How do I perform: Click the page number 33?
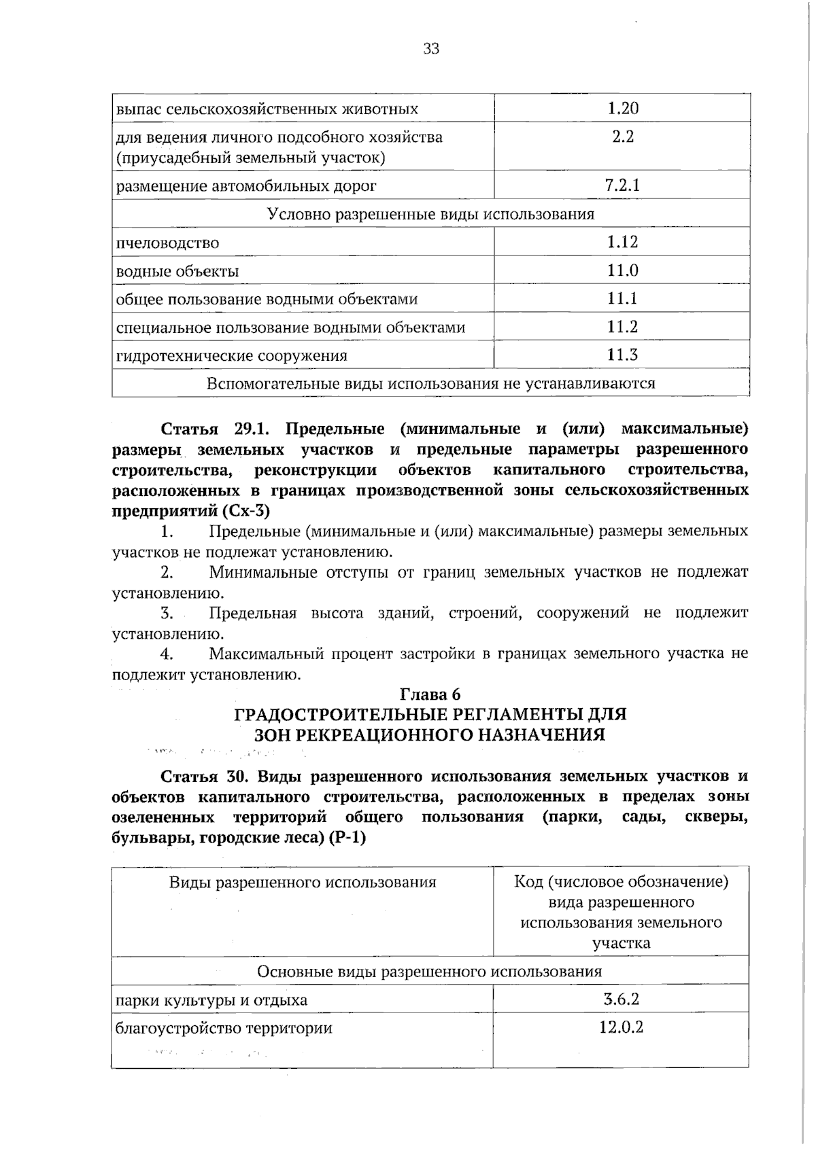coord(431,49)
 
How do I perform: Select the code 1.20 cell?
coord(622,109)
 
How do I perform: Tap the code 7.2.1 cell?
coord(622,185)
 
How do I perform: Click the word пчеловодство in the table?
coord(167,243)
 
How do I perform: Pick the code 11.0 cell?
coord(622,271)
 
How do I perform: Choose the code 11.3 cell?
coord(622,355)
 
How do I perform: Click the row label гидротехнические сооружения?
coord(231,356)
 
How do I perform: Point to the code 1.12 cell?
coord(622,243)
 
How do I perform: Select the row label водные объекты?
coord(177,272)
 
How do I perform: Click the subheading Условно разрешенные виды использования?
coord(430,215)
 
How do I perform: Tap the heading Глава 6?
coord(430,694)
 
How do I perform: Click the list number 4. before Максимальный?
coord(167,654)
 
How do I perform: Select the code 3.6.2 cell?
coord(621,999)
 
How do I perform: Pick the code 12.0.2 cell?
coord(621,1027)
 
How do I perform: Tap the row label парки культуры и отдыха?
coord(211,1001)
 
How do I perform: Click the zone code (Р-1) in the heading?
coord(347,838)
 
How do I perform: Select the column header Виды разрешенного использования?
coord(303,883)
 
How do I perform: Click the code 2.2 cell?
coord(622,137)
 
